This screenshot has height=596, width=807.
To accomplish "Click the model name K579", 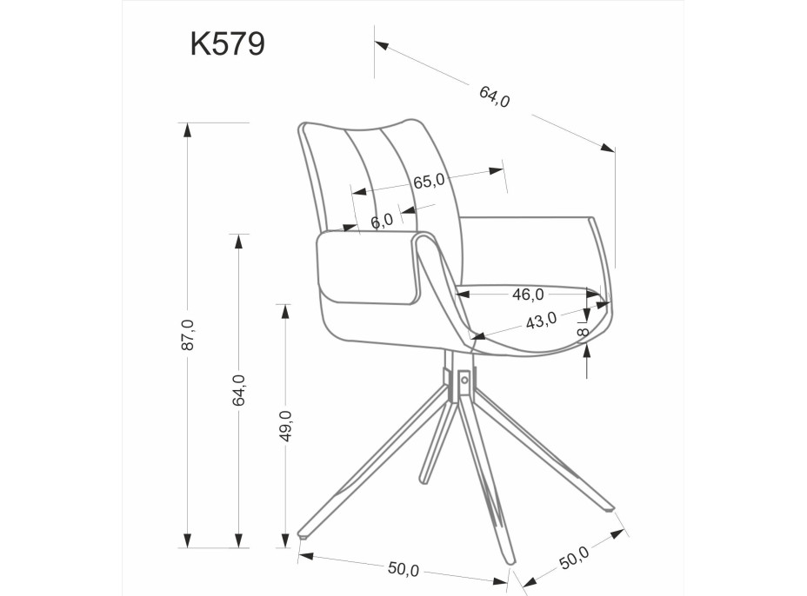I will click(x=227, y=43).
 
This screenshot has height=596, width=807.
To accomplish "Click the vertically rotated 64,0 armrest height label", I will click(x=238, y=390).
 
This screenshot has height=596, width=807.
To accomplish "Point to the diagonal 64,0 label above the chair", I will click(x=495, y=95).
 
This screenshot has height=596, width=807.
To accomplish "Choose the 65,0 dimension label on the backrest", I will click(x=429, y=181).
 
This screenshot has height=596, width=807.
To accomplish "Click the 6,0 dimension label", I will click(x=381, y=222).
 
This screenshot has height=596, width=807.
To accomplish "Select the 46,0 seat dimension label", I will click(x=528, y=294).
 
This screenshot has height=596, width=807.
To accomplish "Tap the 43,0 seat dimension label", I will click(x=541, y=321).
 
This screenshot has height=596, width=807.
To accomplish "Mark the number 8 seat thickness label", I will click(x=584, y=330).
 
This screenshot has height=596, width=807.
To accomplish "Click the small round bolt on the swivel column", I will click(x=464, y=379).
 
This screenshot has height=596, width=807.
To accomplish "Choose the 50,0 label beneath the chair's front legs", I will click(x=403, y=568).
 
